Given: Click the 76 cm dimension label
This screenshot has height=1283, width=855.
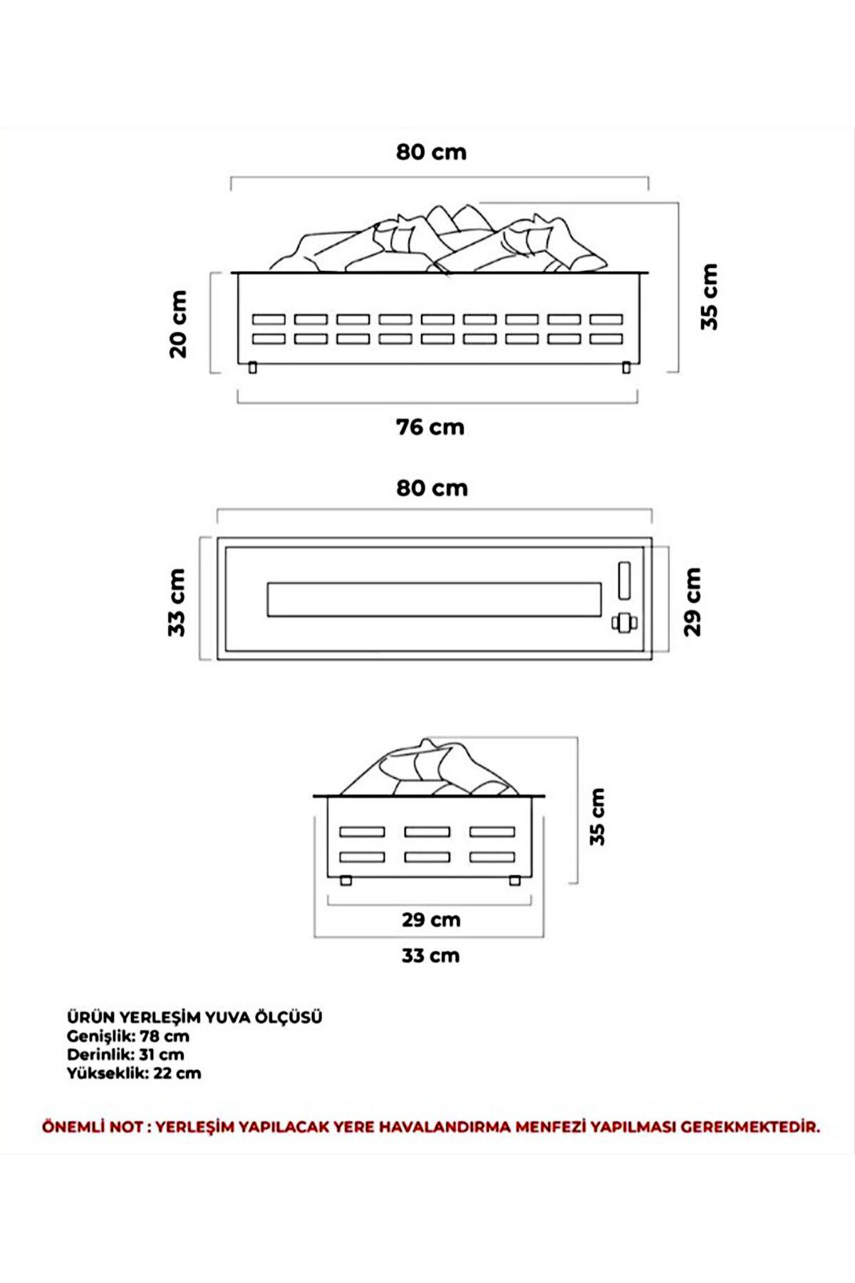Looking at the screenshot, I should [x=430, y=427].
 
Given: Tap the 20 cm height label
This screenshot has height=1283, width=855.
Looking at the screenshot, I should [x=178, y=324].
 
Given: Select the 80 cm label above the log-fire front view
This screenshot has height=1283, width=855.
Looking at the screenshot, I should [x=431, y=152].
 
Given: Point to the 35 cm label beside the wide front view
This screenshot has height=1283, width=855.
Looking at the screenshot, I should [x=709, y=297].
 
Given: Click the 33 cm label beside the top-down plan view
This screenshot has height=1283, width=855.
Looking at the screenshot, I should [x=177, y=602].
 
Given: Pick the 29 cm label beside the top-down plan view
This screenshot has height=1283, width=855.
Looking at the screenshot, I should [x=693, y=602].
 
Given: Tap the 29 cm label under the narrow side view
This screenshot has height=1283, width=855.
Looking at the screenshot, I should [x=430, y=919].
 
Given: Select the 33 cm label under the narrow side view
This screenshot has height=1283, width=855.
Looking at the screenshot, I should [x=430, y=955].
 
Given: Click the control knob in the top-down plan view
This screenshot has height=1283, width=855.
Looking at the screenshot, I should [x=625, y=623].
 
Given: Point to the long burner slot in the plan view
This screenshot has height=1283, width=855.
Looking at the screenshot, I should [x=434, y=599].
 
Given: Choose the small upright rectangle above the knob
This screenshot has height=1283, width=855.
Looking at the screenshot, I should [x=625, y=580].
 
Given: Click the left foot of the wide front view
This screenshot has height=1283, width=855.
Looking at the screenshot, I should [x=252, y=368].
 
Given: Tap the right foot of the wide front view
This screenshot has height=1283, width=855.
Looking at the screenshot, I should [x=626, y=368].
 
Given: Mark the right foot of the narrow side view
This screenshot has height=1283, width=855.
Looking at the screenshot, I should [x=514, y=881].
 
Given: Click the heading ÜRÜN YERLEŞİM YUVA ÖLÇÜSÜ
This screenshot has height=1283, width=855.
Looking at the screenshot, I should [x=195, y=1017].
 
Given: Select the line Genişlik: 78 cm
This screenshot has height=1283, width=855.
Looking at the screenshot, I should [x=128, y=1036].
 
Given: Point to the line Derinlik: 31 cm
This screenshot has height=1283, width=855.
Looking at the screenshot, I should [x=125, y=1054].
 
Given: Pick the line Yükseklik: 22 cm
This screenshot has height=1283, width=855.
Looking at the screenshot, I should [x=134, y=1073].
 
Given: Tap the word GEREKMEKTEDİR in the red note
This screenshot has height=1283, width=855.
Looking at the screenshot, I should [x=750, y=1127].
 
